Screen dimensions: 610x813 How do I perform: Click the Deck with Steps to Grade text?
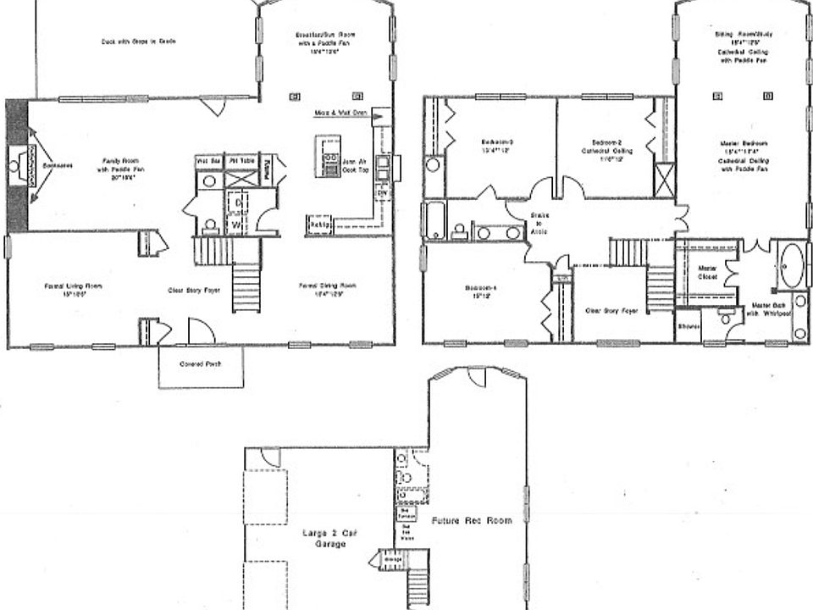[138, 42]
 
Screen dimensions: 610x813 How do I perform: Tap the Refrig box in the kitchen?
[318, 225]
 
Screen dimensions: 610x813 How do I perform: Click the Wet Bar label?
[208, 160]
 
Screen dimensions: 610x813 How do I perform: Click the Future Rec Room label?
[472, 522]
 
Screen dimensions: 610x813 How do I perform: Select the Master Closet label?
[707, 274]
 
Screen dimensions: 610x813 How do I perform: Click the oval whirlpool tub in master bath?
[794, 265]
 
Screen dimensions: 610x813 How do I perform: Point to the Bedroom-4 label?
[480, 291]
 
